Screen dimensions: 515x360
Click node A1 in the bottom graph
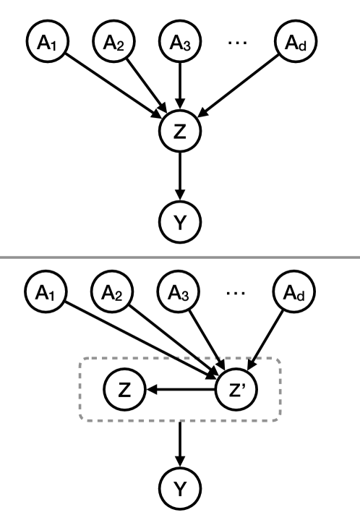[x=45, y=295]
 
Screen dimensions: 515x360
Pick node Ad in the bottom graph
[x=291, y=295]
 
